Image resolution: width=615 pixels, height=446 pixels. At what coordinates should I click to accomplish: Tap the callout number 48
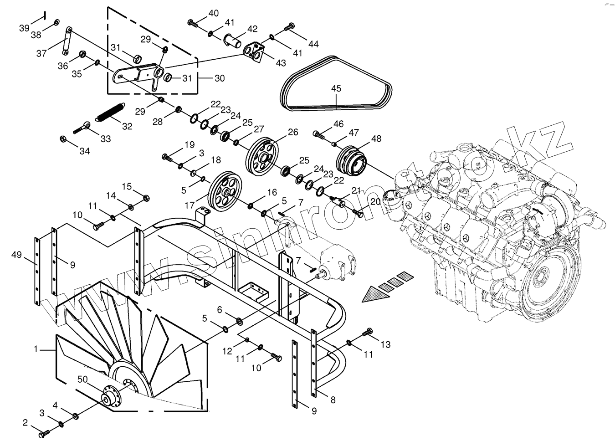[376, 138]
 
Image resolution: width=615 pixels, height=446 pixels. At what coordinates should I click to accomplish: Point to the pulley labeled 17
[223, 191]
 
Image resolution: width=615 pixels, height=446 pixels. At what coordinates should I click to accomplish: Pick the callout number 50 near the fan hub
[83, 379]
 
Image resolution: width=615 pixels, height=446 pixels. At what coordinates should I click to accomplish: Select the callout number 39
[24, 28]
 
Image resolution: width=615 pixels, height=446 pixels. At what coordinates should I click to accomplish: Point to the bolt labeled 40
[193, 22]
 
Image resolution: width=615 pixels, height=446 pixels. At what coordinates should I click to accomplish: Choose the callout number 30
[220, 78]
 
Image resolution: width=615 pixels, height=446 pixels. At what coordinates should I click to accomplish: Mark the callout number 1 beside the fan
[36, 349]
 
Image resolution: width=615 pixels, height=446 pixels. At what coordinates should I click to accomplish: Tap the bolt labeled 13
[368, 333]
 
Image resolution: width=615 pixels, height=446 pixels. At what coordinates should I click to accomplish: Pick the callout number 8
[333, 400]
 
